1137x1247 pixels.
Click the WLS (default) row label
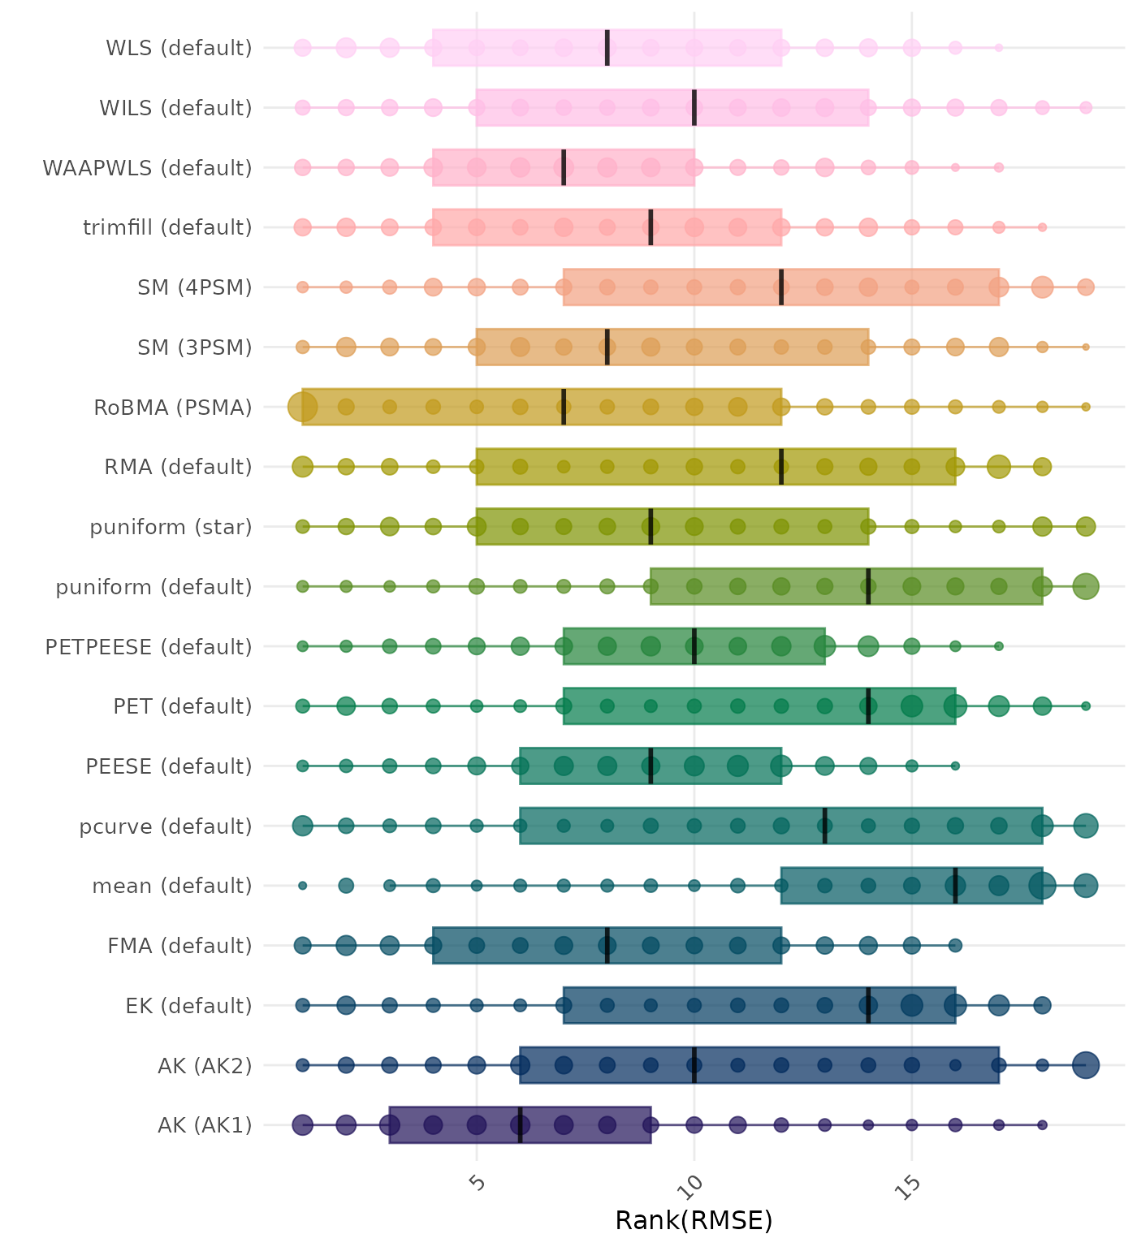179,48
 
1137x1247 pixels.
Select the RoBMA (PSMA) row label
173,408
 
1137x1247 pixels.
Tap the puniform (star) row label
171,527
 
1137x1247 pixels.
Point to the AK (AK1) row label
205,1125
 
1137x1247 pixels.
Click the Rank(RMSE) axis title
694,1220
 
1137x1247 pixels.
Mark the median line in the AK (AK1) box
520,1125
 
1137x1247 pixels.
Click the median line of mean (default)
955,886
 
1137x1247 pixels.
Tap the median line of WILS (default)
694,107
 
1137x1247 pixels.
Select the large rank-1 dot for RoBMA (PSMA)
303,407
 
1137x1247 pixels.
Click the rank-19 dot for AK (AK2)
1086,1065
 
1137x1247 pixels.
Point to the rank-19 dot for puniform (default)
1086,586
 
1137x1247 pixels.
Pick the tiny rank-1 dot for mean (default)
303,886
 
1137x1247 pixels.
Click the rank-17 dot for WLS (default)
999,48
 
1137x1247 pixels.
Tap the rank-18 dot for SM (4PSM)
1042,287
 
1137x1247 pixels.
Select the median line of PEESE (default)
651,766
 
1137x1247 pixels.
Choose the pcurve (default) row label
166,826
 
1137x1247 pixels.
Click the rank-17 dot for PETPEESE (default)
999,646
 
